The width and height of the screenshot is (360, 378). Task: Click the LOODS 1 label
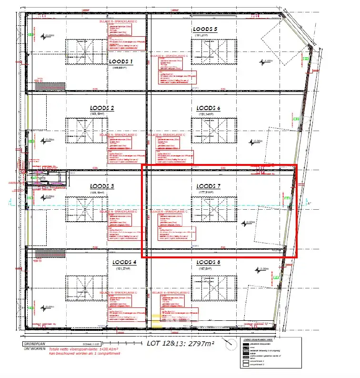coord(120,62)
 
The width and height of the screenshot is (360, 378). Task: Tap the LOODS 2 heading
coord(102,108)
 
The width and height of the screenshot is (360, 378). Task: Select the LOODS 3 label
coord(102,186)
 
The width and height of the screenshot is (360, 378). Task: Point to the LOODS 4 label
coord(124,263)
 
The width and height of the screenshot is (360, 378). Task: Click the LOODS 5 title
coord(205,30)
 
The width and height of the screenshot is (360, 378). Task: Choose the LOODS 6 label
coord(208,108)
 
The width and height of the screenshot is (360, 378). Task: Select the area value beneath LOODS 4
coord(124,269)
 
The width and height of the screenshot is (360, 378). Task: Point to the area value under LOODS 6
coord(208,114)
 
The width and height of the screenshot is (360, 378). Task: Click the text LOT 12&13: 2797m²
coord(180,343)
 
